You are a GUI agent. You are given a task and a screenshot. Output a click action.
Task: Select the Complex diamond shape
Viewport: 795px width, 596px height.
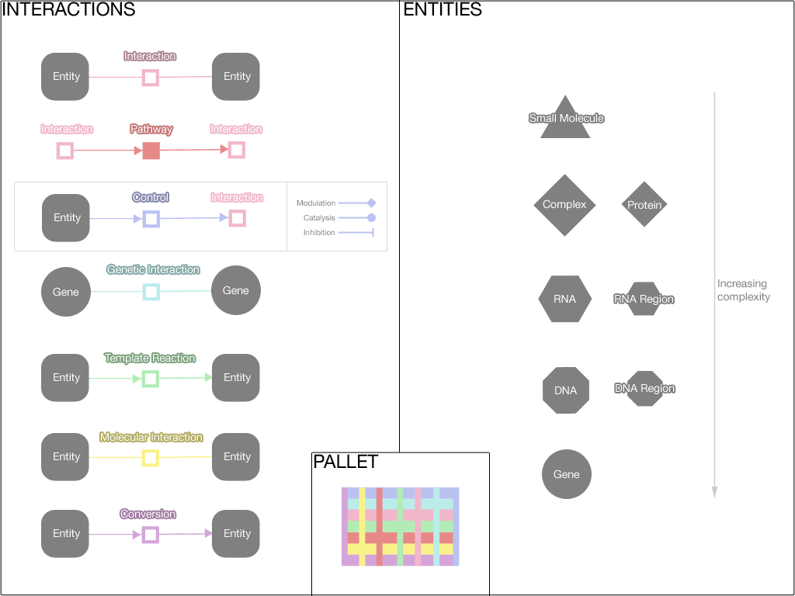tap(564, 205)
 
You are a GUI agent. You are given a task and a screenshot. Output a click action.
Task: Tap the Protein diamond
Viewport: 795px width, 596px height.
tap(644, 205)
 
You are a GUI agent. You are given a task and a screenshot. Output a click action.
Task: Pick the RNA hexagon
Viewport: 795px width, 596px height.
tap(564, 299)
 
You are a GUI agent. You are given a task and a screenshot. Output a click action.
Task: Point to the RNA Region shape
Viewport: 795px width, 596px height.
tap(644, 299)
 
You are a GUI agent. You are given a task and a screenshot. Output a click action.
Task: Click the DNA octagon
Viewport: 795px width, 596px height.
tap(566, 390)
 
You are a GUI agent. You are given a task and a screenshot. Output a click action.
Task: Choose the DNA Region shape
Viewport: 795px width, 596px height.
tap(644, 389)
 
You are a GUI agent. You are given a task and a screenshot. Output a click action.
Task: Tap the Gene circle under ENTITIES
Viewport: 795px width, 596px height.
tap(567, 474)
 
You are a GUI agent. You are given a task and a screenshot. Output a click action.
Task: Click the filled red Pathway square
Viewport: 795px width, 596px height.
tap(151, 151)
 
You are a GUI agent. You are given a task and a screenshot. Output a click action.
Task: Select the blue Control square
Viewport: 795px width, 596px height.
tap(151, 219)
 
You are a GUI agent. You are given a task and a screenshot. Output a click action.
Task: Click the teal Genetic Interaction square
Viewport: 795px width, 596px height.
tap(151, 292)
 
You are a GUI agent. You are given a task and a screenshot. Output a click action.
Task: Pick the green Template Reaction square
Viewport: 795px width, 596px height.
tap(151, 379)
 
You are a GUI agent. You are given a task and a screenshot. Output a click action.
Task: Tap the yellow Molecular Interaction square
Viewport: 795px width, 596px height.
tap(151, 458)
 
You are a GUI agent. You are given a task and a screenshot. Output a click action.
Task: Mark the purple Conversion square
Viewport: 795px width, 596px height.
tap(151, 534)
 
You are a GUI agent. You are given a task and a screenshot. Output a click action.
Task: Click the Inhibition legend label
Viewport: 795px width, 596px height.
tap(319, 233)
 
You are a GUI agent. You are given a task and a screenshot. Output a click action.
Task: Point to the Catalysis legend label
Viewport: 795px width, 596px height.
tap(319, 218)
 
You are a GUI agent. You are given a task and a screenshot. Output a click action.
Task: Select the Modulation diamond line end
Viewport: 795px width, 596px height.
tap(372, 203)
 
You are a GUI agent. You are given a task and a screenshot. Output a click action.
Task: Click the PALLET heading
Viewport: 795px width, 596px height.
tap(345, 462)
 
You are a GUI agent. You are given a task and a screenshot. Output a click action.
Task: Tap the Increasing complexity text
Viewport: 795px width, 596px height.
tap(743, 290)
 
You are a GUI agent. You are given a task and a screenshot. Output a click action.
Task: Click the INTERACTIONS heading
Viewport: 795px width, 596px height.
tap(69, 10)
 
